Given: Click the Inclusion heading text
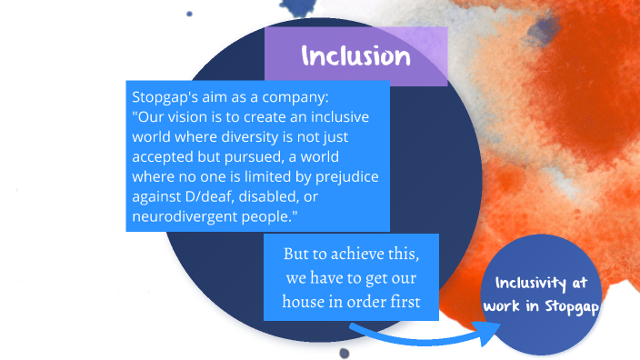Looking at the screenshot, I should pyautogui.click(x=355, y=56).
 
